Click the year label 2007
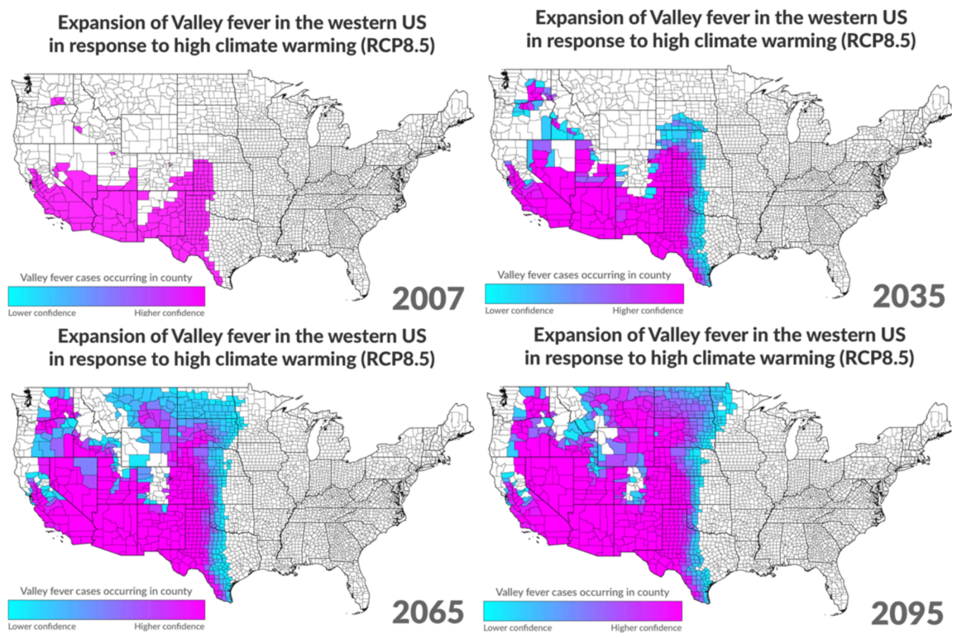[428, 299]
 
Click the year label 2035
[909, 296]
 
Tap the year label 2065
[428, 612]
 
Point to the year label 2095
[907, 613]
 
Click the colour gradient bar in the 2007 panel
[106, 296]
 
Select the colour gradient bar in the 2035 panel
[584, 294]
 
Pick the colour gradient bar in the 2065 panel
[106, 610]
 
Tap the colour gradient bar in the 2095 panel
[583, 611]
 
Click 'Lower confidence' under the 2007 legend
[42, 313]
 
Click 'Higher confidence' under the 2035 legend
[647, 311]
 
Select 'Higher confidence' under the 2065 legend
[169, 627]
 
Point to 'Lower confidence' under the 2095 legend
[517, 628]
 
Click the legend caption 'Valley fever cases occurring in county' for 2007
[106, 278]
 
